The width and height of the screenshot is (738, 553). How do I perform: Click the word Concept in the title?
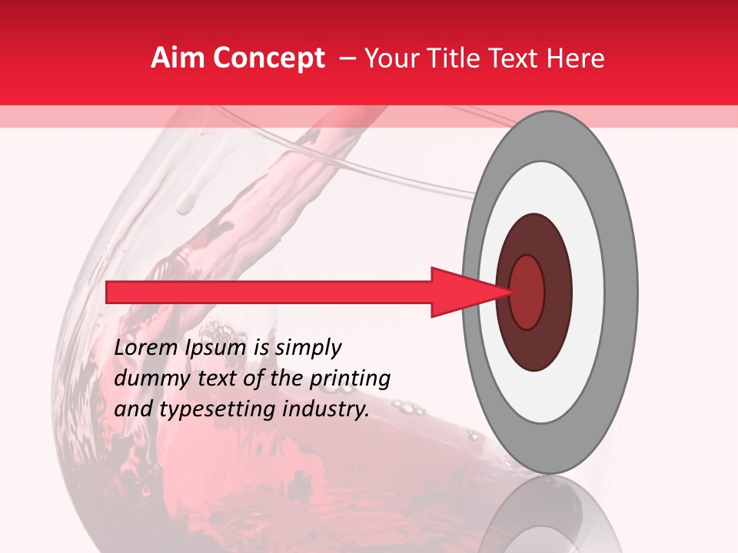(268, 58)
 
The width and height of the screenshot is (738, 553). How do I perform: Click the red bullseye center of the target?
(527, 292)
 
